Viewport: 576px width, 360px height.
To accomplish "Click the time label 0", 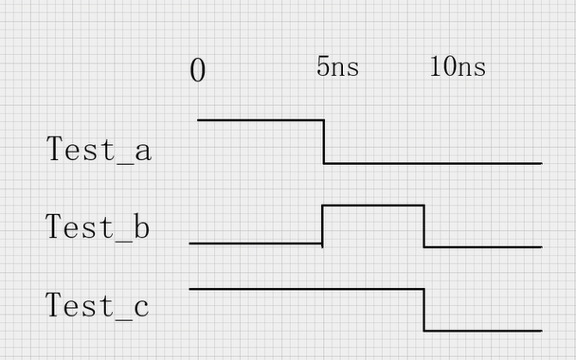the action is click(x=197, y=70).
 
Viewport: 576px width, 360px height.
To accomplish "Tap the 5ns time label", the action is click(x=337, y=67).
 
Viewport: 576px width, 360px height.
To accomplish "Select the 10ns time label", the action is click(x=458, y=66).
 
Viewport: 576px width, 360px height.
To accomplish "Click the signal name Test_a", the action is click(x=99, y=150).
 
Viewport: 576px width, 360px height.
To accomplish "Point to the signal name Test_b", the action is click(x=98, y=227).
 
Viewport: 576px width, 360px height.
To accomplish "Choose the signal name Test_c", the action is click(x=98, y=306).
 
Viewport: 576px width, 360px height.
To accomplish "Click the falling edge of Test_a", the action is click(x=324, y=141).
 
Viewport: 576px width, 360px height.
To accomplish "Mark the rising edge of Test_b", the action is click(x=323, y=225).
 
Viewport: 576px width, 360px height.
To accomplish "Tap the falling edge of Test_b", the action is click(x=423, y=226).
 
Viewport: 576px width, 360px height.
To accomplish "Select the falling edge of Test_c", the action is click(x=423, y=310).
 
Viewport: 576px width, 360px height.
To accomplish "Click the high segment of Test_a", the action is click(x=261, y=120).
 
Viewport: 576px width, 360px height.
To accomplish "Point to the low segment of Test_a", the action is click(x=433, y=163).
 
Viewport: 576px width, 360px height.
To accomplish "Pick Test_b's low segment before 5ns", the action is click(x=256, y=243).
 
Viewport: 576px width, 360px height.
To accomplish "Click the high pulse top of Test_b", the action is click(x=373, y=206).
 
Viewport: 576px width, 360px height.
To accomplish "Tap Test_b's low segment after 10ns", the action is click(x=482, y=247).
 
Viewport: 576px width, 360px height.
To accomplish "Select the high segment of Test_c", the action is click(x=306, y=289).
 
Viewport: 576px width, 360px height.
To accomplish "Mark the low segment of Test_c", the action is click(x=482, y=331).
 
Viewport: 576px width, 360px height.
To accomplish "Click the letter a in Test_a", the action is click(x=142, y=152).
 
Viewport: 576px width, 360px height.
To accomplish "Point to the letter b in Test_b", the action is click(x=141, y=227).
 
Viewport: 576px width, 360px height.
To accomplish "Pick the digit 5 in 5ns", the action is click(x=322, y=67).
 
